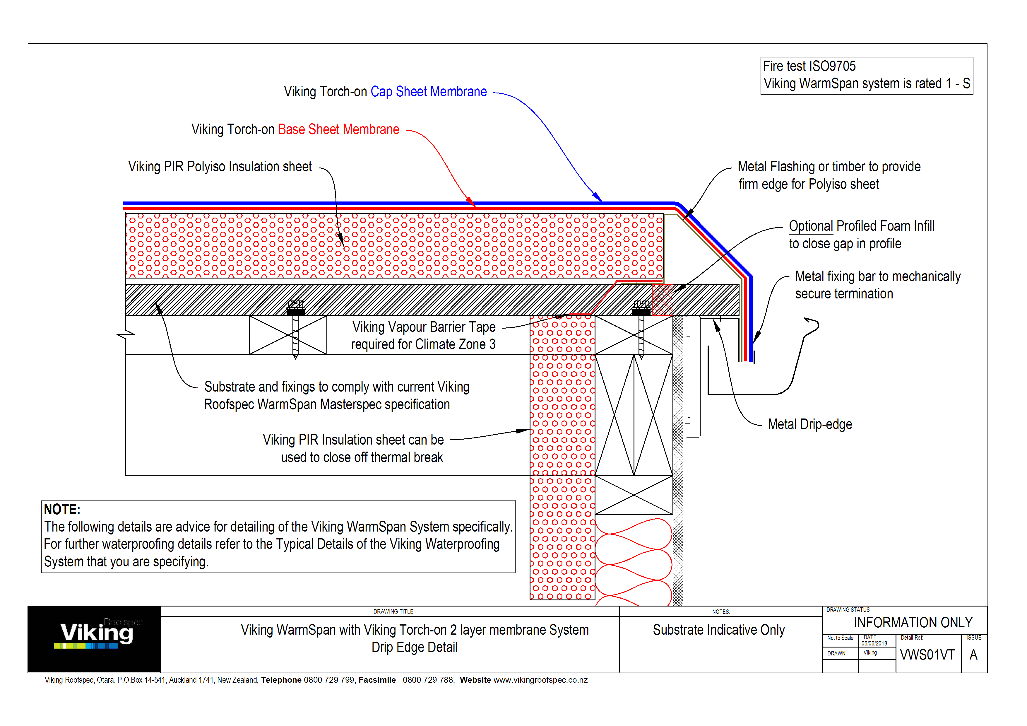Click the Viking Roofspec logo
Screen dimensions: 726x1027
coord(96,635)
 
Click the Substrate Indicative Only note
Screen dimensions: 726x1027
coord(718,630)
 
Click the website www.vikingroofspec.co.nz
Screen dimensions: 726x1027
coord(540,680)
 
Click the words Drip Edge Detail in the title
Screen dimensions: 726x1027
coord(414,647)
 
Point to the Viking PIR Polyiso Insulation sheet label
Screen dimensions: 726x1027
coord(220,167)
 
